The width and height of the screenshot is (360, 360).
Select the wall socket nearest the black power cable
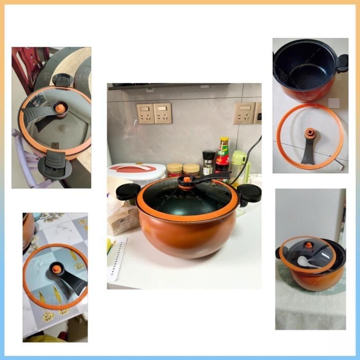click(x=244, y=113)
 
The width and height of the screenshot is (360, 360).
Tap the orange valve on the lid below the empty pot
click(x=309, y=133)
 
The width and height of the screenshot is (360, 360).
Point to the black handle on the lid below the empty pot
click(x=311, y=151)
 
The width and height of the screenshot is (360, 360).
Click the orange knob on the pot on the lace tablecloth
click(x=309, y=245)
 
